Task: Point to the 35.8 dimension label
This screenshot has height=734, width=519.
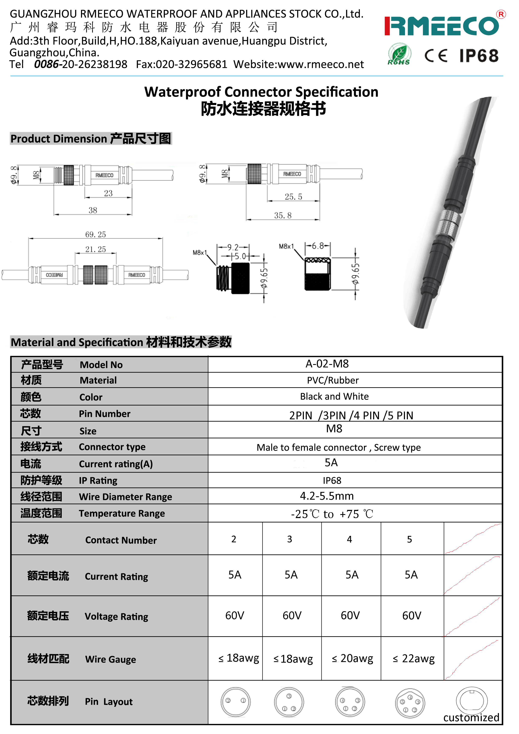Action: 283,216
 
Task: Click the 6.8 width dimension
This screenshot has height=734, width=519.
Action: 318,246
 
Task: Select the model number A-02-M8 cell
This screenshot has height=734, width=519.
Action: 327,364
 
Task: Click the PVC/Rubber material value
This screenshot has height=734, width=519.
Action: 333,380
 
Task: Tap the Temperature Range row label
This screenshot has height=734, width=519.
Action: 122,513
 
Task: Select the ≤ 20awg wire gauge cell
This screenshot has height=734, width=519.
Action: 352,658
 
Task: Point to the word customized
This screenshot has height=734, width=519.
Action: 471,718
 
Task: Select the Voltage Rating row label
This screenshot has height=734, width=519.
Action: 116,617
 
